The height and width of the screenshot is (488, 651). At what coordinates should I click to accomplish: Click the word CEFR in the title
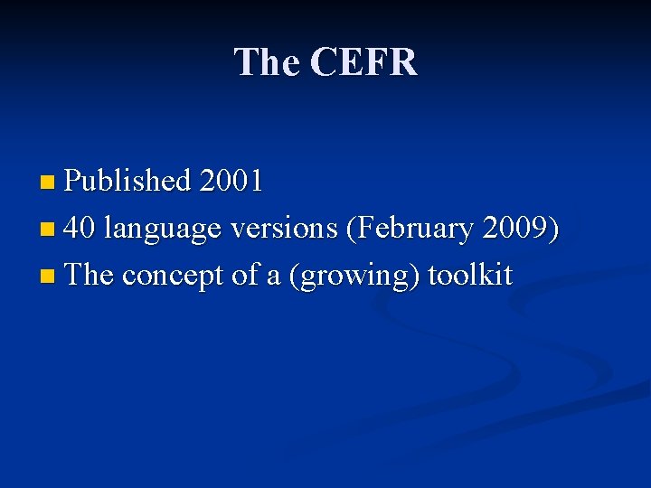(363, 62)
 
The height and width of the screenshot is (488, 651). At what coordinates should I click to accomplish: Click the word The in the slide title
(267, 62)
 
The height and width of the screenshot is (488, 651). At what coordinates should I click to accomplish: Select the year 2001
(231, 181)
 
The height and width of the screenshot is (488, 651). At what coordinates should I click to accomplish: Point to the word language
(163, 230)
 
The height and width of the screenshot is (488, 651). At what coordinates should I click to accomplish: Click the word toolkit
(470, 275)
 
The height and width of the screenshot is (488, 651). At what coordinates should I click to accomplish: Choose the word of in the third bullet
(245, 275)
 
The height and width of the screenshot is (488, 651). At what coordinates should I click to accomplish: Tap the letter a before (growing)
(273, 277)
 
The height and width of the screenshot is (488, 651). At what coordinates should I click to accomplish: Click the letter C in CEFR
(324, 62)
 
